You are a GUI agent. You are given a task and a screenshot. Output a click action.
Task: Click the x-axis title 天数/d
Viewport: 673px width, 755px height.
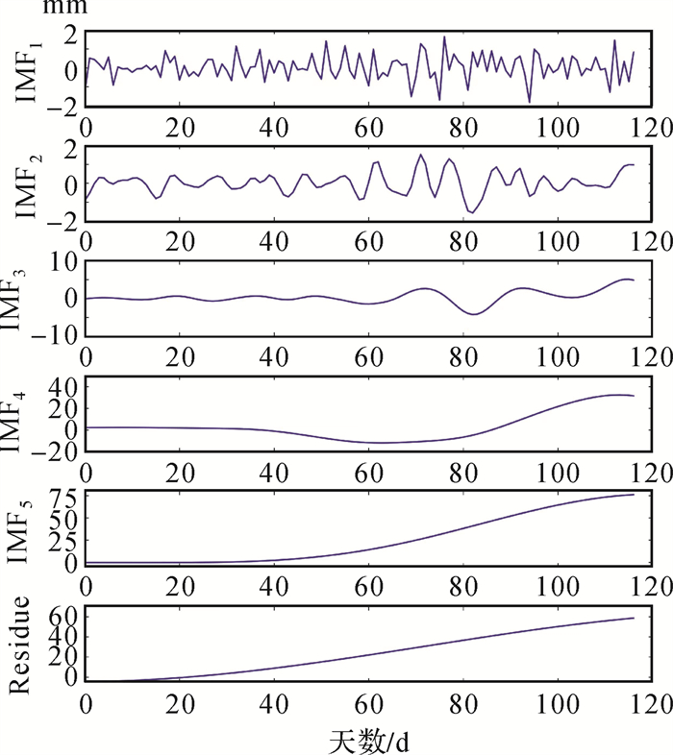click(369, 740)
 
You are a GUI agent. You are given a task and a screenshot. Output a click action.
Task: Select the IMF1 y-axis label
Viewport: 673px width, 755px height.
click(28, 69)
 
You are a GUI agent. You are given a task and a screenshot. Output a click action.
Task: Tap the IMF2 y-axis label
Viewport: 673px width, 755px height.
click(28, 183)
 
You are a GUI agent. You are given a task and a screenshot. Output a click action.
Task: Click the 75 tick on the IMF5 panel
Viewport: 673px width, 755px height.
click(64, 497)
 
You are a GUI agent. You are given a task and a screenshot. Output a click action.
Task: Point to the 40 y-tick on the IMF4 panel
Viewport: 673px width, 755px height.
click(64, 388)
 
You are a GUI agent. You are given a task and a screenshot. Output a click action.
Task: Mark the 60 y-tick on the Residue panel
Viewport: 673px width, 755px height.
click(64, 615)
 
